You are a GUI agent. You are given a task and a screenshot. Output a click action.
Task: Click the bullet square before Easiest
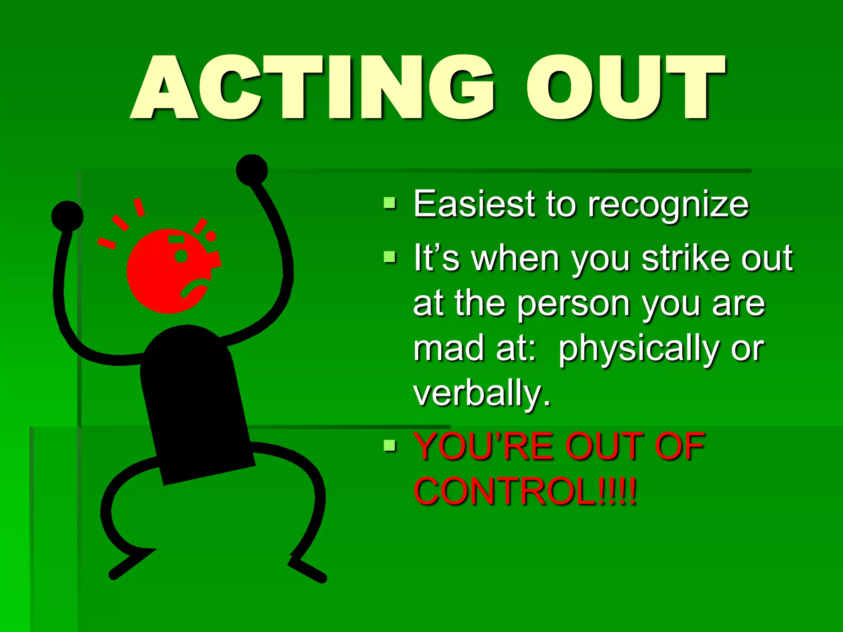click(x=389, y=203)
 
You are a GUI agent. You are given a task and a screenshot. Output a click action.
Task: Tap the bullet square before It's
click(x=389, y=257)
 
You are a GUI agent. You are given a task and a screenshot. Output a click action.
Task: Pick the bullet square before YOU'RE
click(x=389, y=446)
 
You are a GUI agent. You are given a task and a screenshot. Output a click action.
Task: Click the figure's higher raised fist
click(x=252, y=170)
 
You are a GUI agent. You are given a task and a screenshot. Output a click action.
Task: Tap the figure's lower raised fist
click(x=67, y=216)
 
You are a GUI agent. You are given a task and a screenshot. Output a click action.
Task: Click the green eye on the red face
click(x=181, y=256)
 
